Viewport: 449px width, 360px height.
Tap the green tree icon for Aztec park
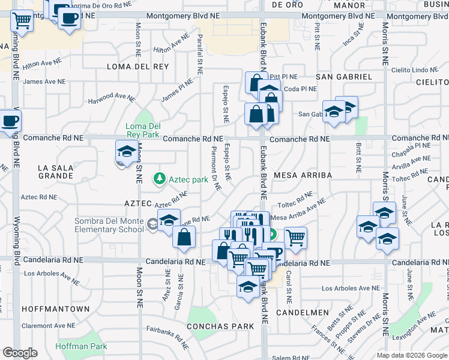[160, 178]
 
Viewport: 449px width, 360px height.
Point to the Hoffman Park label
[81, 346]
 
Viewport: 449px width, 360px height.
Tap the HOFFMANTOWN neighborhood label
[55, 308]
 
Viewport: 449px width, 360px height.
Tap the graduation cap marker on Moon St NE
[127, 152]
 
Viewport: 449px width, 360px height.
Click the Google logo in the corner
[20, 353]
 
